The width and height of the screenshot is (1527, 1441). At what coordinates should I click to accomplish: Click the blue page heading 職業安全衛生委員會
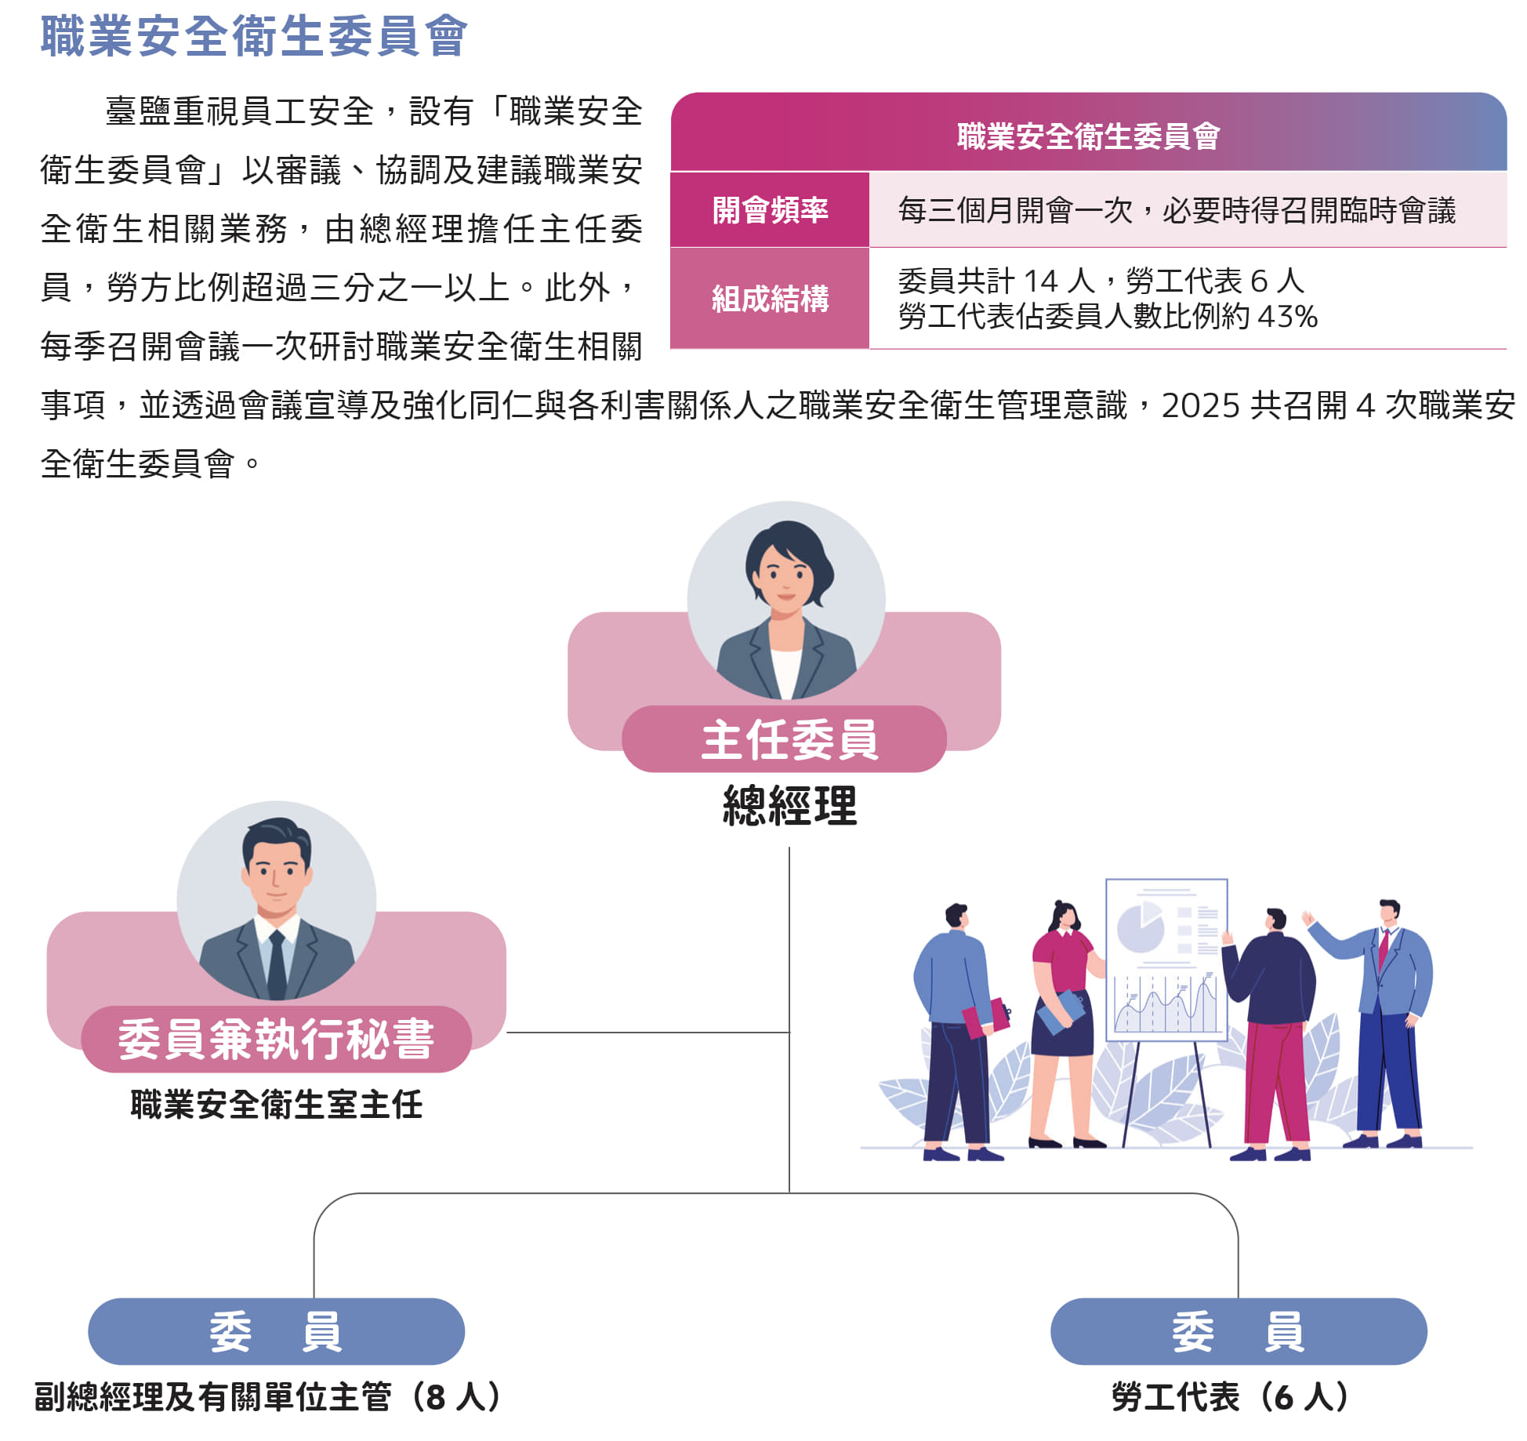(254, 36)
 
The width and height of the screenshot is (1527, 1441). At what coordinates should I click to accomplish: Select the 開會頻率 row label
(770, 210)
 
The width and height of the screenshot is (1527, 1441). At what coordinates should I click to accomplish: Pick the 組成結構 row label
(770, 299)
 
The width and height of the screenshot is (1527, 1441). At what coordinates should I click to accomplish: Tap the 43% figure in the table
(1287, 317)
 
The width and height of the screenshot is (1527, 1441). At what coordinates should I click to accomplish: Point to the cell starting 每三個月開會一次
(1177, 210)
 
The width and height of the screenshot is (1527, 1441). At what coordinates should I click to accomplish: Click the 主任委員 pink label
(785, 739)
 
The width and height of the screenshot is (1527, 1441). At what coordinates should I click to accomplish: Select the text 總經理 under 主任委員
(789, 805)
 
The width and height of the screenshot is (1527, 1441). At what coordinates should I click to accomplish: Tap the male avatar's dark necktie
(277, 964)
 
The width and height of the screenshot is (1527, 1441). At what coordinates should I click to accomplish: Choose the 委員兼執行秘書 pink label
(276, 1040)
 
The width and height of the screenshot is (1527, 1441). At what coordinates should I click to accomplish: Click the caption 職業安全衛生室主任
(276, 1105)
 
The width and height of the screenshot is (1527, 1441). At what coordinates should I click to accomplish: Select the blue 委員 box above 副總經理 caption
(276, 1331)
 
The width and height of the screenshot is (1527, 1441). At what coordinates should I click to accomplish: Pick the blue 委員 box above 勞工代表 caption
(1239, 1331)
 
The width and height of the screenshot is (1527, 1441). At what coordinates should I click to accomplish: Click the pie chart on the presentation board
(1140, 927)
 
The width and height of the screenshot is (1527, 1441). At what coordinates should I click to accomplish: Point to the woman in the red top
(1065, 1023)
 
